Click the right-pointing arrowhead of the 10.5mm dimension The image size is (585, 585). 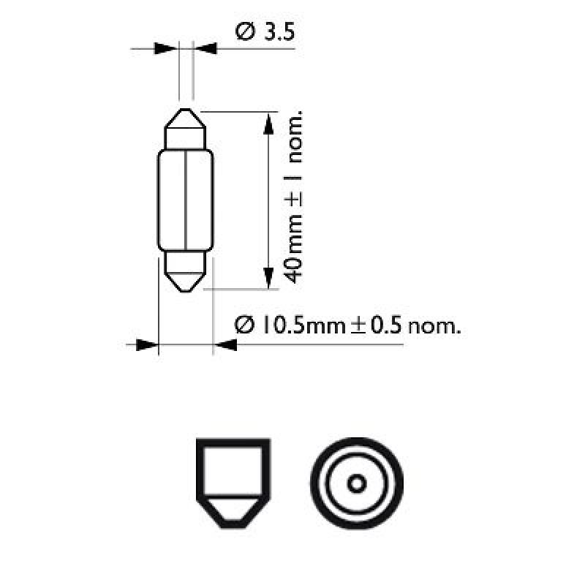click(x=146, y=344)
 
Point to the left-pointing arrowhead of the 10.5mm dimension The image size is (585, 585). click(x=225, y=344)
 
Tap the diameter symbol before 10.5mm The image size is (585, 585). click(x=245, y=325)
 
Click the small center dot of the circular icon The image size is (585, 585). click(x=356, y=483)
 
